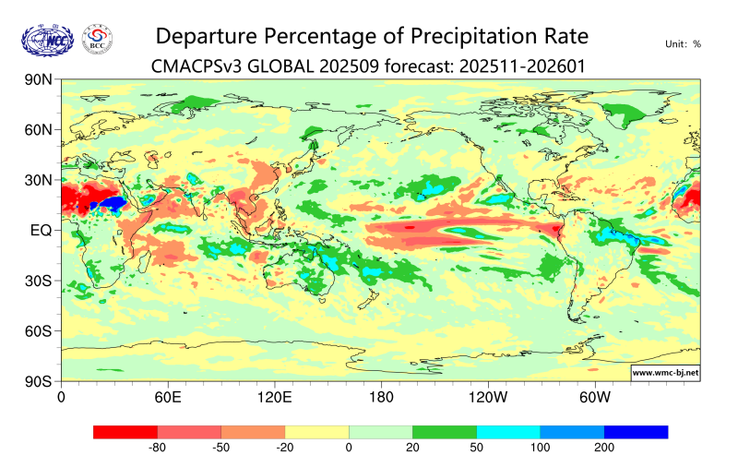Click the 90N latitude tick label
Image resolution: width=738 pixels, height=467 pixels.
(39, 80)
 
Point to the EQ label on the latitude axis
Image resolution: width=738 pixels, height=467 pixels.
(41, 230)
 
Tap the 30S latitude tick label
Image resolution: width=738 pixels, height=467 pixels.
(39, 281)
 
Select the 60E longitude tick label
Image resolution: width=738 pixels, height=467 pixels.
(167, 398)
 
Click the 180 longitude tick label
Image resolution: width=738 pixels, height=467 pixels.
(381, 398)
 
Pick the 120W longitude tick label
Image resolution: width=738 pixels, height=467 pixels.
(488, 398)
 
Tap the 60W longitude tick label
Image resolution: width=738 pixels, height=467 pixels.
(595, 398)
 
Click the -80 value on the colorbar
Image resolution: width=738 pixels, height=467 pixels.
(158, 448)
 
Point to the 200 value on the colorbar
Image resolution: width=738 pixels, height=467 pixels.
(604, 448)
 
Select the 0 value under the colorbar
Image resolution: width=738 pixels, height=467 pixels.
(349, 448)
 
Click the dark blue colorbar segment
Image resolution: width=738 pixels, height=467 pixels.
(636, 431)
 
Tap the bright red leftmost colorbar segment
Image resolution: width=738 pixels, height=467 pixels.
(125, 431)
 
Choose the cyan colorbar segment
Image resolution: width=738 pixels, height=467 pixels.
(508, 431)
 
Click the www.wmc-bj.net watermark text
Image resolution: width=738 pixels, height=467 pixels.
(664, 373)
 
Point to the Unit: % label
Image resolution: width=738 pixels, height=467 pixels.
(683, 43)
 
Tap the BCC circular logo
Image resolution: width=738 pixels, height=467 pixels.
(98, 40)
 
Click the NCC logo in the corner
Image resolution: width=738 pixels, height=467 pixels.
(47, 40)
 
